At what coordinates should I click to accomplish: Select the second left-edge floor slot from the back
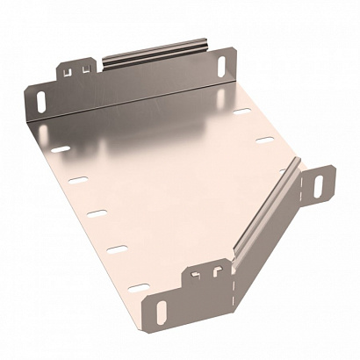77,180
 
